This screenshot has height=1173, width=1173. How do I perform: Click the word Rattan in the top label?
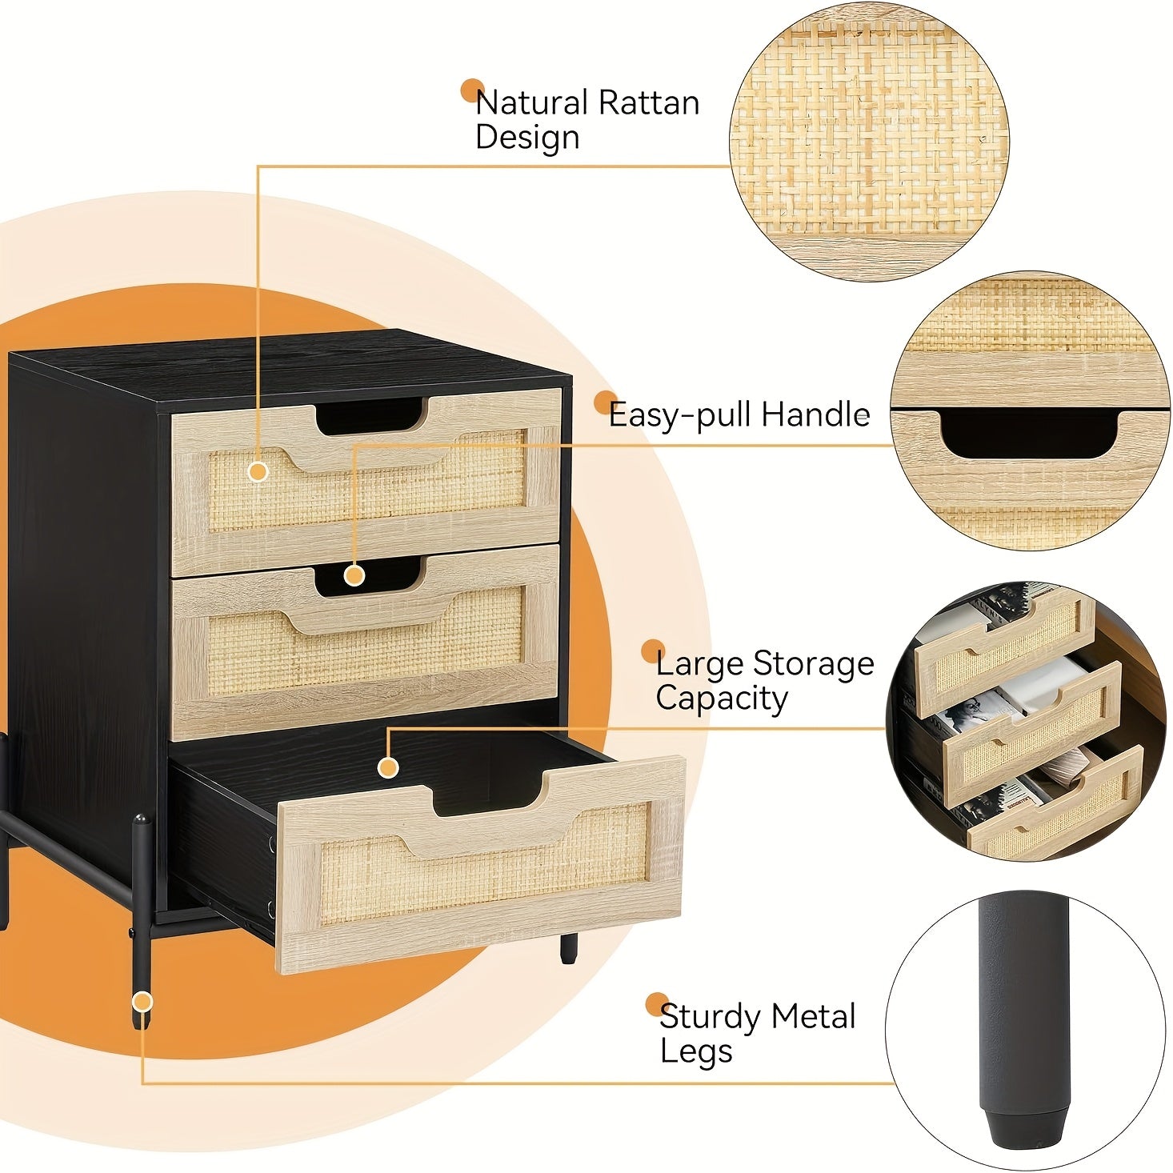click(x=649, y=102)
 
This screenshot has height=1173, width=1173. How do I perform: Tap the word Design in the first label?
click(x=527, y=138)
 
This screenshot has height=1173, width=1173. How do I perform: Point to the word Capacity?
click(x=722, y=699)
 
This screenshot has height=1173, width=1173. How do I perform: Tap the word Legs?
click(x=696, y=1051)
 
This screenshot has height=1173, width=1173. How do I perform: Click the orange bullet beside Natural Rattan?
click(x=472, y=91)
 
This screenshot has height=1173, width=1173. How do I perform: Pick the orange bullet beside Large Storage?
click(x=653, y=651)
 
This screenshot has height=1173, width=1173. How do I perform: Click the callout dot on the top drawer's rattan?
click(x=258, y=472)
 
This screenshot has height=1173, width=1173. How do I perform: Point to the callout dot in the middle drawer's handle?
click(x=354, y=575)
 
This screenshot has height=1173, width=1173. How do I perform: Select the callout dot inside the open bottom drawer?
click(x=388, y=767)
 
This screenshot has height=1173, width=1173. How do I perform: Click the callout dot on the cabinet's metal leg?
click(x=142, y=1001)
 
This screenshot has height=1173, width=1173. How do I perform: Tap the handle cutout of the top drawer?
click(x=370, y=416)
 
